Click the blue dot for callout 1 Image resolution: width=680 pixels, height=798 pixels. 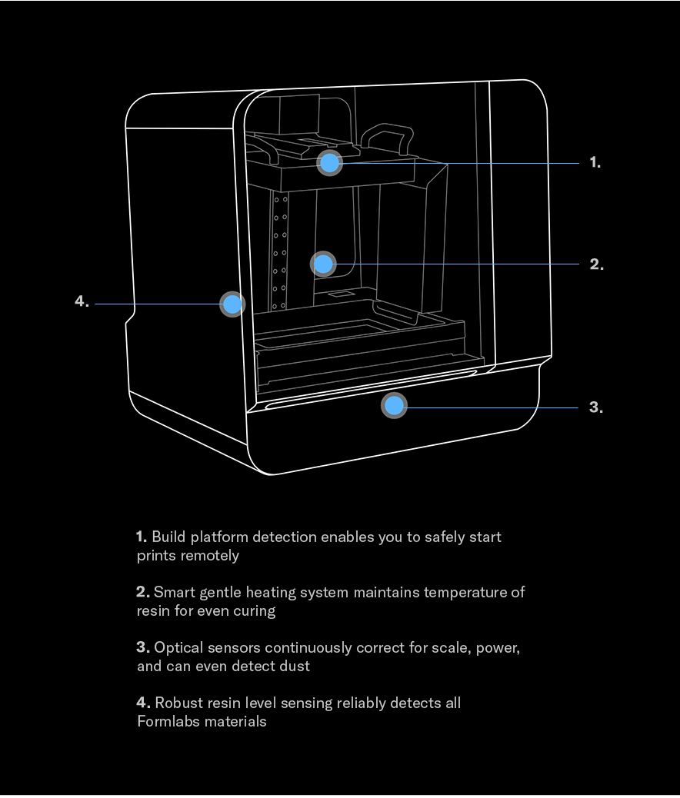(x=330, y=163)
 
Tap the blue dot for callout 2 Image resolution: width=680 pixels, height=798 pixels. (x=323, y=264)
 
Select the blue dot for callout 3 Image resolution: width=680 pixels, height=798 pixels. (x=395, y=405)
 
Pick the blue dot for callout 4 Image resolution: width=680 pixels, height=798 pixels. (x=232, y=304)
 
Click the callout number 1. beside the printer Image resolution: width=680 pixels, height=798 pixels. (x=595, y=162)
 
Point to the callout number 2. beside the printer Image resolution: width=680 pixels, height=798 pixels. (x=596, y=264)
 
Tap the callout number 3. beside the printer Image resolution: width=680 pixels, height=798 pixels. (x=595, y=407)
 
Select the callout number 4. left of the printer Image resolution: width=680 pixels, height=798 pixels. (x=82, y=301)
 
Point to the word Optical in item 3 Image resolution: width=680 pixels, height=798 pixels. (x=179, y=647)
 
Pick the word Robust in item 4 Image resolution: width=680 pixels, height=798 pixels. (x=178, y=703)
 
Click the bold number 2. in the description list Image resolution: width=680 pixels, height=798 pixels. (x=143, y=592)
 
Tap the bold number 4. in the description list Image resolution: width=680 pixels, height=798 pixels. (x=143, y=703)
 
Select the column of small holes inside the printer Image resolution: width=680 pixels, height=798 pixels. (x=280, y=252)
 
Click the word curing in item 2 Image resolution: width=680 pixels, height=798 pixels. (x=254, y=610)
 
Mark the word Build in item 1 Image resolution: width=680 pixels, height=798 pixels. (x=168, y=537)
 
